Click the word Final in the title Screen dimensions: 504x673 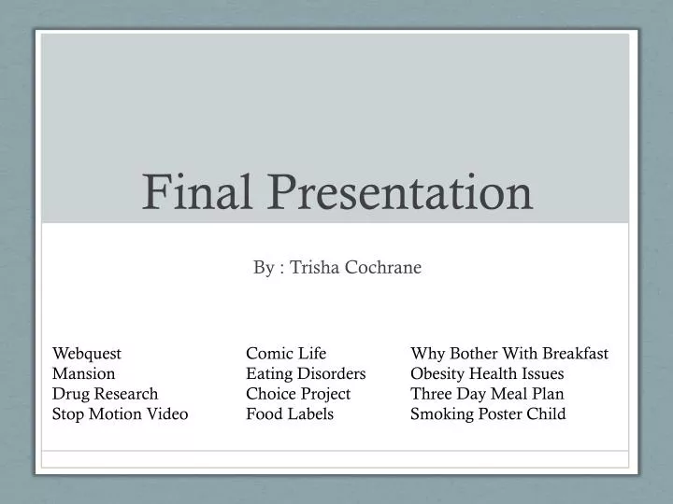[x=192, y=192]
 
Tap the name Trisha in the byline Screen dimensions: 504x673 [x=314, y=268]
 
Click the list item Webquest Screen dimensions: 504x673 [x=87, y=354]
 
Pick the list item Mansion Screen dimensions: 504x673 [x=84, y=373]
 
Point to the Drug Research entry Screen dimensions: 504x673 [x=106, y=394]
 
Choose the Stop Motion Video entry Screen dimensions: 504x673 [x=121, y=413]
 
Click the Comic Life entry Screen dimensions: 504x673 [x=286, y=354]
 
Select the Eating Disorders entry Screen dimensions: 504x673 [x=306, y=373]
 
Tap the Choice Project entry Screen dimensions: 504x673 [x=298, y=394]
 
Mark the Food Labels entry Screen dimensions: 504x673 [x=290, y=413]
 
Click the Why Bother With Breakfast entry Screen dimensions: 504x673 [x=509, y=354]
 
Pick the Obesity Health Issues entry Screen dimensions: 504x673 [x=487, y=373]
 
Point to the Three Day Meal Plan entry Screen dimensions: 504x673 [x=487, y=394]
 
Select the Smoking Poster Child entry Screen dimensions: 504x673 [x=488, y=413]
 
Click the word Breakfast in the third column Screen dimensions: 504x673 [x=573, y=354]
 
